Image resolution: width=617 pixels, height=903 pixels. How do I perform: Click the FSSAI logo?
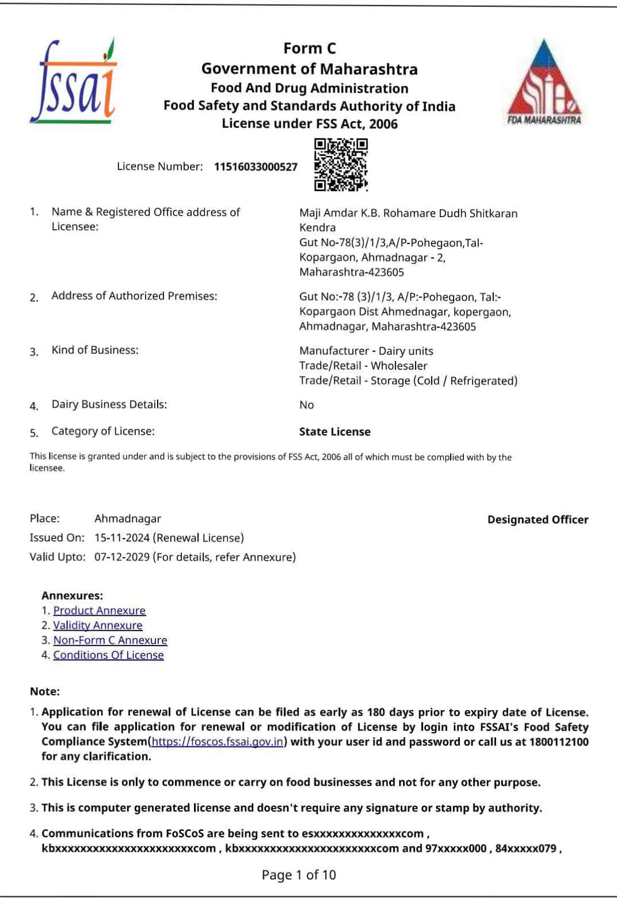pyautogui.click(x=73, y=82)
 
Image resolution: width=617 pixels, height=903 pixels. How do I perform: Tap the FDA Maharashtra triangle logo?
pyautogui.click(x=543, y=84)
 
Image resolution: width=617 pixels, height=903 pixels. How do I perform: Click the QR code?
pyautogui.click(x=341, y=165)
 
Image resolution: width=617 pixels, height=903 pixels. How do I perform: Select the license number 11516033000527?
pyautogui.click(x=256, y=167)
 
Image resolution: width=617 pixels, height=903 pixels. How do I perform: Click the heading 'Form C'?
pyautogui.click(x=309, y=48)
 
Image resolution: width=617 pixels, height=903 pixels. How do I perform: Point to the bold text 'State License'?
pyautogui.click(x=334, y=432)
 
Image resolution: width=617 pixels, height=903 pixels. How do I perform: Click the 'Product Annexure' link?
pyautogui.click(x=99, y=610)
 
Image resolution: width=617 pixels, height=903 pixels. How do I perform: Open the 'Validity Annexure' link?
pyautogui.click(x=97, y=625)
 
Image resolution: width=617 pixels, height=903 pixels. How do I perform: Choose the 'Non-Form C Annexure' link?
pyautogui.click(x=110, y=640)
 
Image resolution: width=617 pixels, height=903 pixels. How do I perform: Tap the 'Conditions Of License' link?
pyautogui.click(x=108, y=655)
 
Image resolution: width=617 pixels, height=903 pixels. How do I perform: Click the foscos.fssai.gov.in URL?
pyautogui.click(x=218, y=742)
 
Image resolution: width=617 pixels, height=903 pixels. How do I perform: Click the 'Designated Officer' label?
pyautogui.click(x=538, y=519)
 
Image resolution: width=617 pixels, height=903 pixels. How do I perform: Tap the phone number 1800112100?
pyautogui.click(x=558, y=742)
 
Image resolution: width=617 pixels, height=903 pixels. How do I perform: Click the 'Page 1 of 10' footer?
pyautogui.click(x=299, y=875)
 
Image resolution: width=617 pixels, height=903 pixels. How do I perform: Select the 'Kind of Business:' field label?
pyautogui.click(x=95, y=350)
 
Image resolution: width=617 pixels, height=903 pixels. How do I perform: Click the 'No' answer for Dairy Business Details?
pyautogui.click(x=306, y=405)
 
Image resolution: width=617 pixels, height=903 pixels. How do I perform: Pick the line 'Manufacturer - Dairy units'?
pyautogui.click(x=366, y=351)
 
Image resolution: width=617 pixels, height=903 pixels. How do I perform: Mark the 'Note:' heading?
pyautogui.click(x=45, y=692)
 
